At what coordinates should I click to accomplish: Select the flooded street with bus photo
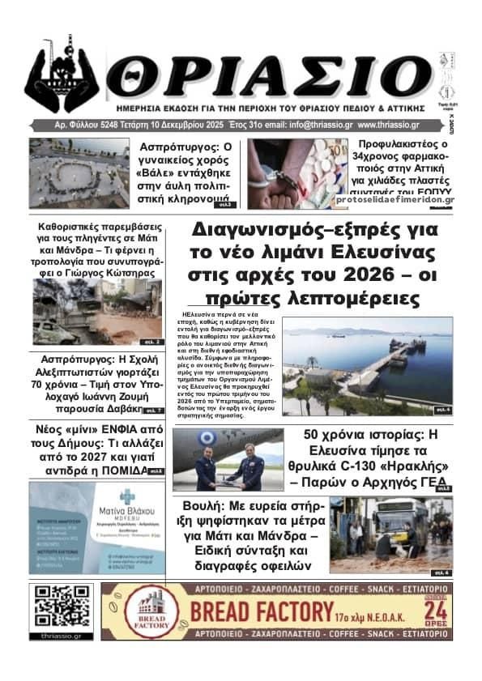click(x=403, y=537)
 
